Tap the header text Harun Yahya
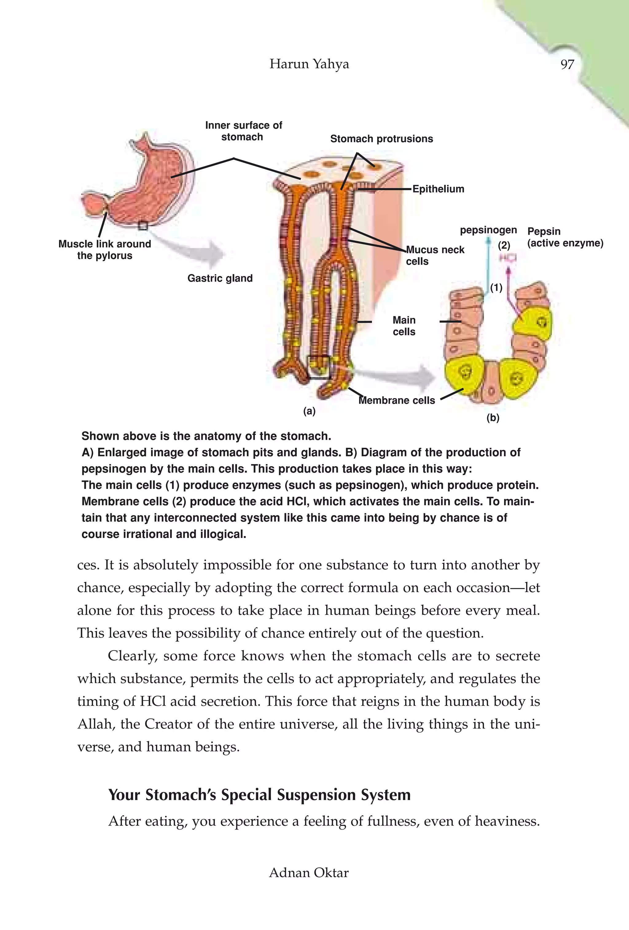pos(309,64)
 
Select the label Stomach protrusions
pos(381,139)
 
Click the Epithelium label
pos(438,189)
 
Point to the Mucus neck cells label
pos(435,255)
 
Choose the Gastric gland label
pos(220,278)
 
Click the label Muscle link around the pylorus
pos(104,250)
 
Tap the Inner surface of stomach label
pos(243,131)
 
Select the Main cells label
pos(404,326)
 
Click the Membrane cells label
pos(397,401)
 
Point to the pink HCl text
pos(507,258)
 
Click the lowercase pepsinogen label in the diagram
pos(488,230)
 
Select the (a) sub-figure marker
pos(309,411)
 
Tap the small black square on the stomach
pos(143,226)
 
